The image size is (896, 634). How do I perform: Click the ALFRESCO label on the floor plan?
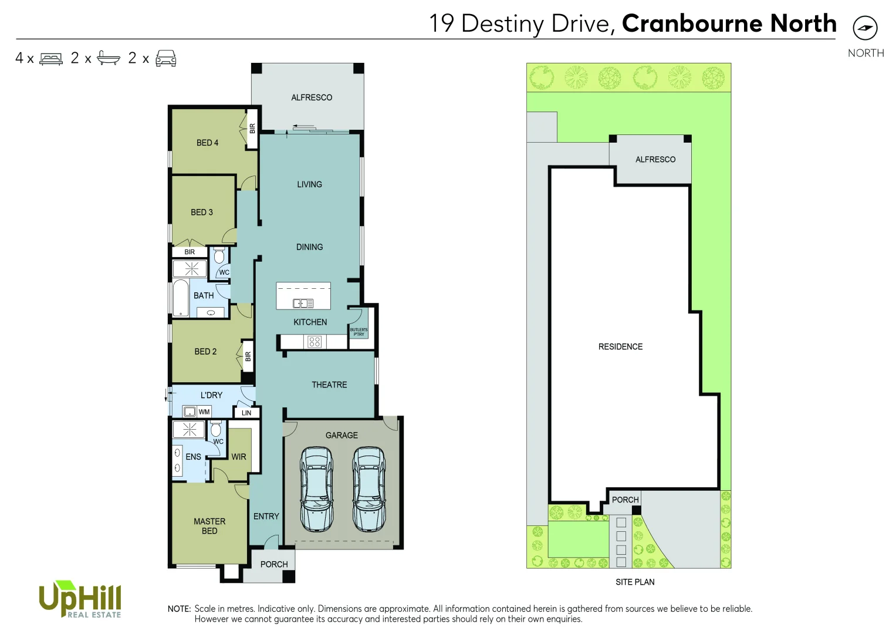(x=312, y=97)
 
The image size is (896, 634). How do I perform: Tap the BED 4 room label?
(x=207, y=143)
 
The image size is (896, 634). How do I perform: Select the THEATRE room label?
(x=329, y=385)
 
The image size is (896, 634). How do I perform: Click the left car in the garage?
(x=316, y=488)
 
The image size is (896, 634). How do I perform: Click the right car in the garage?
(x=369, y=488)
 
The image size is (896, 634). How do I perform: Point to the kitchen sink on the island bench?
(x=303, y=303)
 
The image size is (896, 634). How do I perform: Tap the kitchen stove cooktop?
(x=315, y=342)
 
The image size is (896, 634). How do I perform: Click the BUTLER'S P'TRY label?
(x=359, y=332)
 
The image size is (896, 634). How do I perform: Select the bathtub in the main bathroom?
(x=180, y=298)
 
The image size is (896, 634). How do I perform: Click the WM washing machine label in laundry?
(x=204, y=412)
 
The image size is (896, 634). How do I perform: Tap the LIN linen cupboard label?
(x=246, y=413)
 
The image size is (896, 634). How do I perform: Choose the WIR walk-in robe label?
(x=239, y=457)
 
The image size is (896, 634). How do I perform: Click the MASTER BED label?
(x=209, y=526)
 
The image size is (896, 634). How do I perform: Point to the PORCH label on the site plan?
(x=625, y=500)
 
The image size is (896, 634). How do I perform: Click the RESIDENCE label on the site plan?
(x=620, y=347)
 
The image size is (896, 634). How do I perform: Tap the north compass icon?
(x=865, y=28)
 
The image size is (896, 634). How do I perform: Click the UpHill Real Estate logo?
(x=80, y=600)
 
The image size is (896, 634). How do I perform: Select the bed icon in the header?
(x=51, y=59)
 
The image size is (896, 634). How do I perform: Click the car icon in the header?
(x=166, y=58)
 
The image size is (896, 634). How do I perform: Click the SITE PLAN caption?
(x=635, y=582)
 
